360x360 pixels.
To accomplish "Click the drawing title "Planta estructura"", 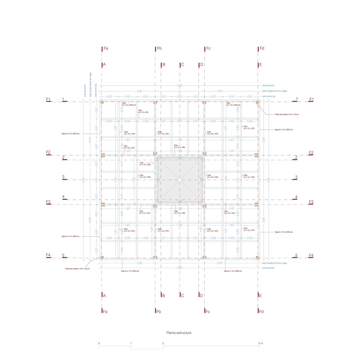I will click(x=179, y=333).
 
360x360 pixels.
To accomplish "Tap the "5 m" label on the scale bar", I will click(x=260, y=343).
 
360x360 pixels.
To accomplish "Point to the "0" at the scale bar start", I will click(x=99, y=343).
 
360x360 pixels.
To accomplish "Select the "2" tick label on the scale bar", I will click(x=163, y=343).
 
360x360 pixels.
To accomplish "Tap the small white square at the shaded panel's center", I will click(x=180, y=180).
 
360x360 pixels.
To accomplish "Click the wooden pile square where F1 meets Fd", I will click(x=257, y=102).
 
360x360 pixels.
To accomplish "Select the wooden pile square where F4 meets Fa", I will click(x=102, y=258).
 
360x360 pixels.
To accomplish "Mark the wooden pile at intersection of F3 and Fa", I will click(x=102, y=205).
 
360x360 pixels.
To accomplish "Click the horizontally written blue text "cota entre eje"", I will click(x=268, y=97).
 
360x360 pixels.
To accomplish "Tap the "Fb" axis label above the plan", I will click(x=159, y=48).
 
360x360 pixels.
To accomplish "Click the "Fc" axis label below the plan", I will click(x=207, y=312).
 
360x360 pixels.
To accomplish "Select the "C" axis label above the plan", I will click(x=182, y=64).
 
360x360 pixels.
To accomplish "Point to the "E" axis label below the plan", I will click(x=260, y=296).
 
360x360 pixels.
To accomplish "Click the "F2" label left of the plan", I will click(x=48, y=152).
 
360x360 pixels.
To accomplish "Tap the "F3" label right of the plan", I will click(x=311, y=202).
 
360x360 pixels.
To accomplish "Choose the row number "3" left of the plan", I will click(x=63, y=177).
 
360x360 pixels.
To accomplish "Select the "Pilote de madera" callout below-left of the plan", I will click(x=77, y=269).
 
